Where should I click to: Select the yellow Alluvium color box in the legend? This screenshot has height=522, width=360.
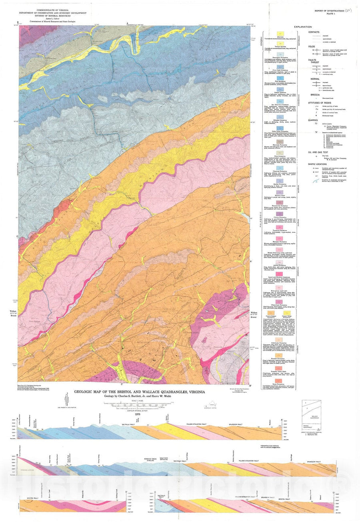[x=280, y=33]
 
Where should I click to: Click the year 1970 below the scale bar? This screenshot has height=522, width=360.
[x=138, y=414]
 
